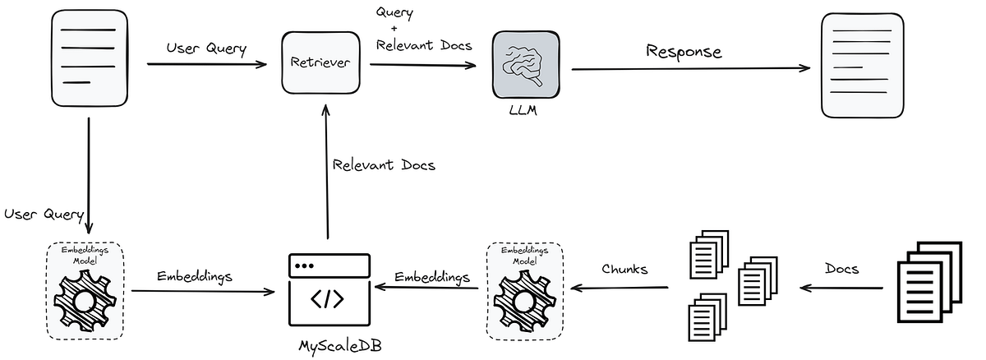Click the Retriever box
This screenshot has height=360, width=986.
[x=322, y=62]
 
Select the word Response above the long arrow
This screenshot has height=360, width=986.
[x=684, y=52]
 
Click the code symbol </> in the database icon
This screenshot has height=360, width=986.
[x=329, y=299]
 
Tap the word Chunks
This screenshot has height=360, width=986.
[x=624, y=269]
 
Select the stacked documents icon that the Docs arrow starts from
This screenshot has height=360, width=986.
[x=928, y=284]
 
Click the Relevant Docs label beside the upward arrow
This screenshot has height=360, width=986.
[x=384, y=165]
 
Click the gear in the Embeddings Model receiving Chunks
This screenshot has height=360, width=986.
[x=527, y=301]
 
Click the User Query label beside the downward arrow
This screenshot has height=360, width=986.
[x=43, y=215]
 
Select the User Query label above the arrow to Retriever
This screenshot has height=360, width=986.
[x=206, y=48]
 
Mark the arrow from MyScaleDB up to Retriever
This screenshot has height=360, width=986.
[x=327, y=173]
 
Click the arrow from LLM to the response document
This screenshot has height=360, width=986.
[x=690, y=69]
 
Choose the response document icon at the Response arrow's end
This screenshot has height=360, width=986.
[x=863, y=65]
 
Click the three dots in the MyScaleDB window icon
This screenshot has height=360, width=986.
[x=306, y=268]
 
